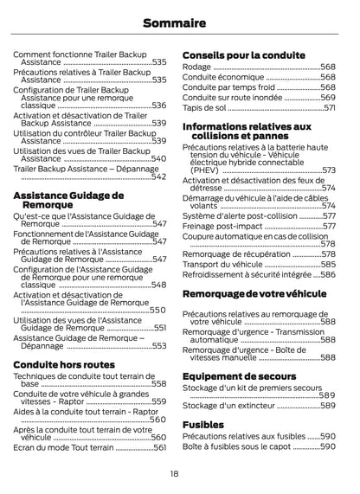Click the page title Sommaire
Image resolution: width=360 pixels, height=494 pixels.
[x=179, y=21]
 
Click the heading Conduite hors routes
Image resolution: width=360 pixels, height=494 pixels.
[x=63, y=365]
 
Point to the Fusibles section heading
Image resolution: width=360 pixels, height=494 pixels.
[x=203, y=425]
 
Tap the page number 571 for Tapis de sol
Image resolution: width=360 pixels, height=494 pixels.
[x=329, y=108]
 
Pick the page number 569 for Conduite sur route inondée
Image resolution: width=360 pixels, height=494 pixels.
[x=328, y=98]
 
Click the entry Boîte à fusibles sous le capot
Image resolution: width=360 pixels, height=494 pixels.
[x=236, y=447]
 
